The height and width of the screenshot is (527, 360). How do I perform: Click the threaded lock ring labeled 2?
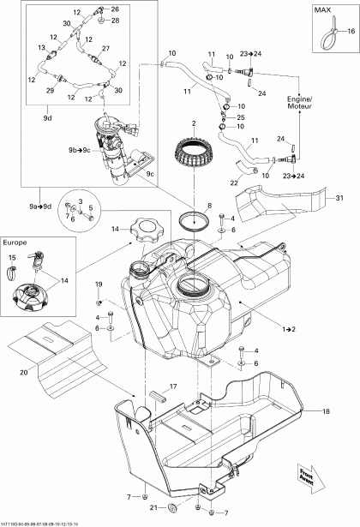(x=195, y=153)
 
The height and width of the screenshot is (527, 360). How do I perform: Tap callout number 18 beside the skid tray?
(x=325, y=412)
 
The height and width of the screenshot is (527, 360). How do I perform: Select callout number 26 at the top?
(x=116, y=9)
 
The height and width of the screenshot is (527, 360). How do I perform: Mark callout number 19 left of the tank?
(x=99, y=284)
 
